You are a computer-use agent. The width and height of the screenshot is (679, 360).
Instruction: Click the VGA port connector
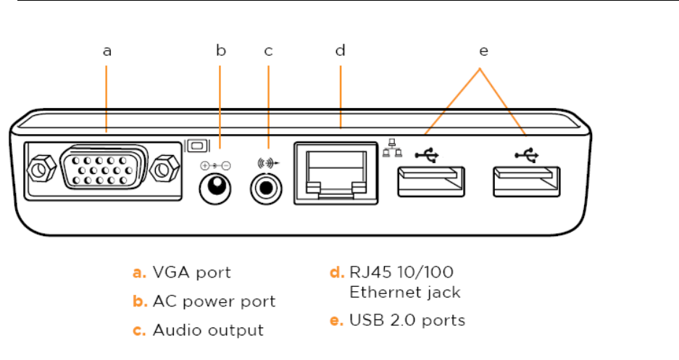tap(105, 170)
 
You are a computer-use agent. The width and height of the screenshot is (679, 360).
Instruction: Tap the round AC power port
tap(215, 191)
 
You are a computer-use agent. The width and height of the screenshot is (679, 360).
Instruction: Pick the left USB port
tap(430, 180)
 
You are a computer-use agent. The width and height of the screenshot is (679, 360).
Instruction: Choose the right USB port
tap(527, 180)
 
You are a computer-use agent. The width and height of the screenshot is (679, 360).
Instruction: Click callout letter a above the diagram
tap(107, 51)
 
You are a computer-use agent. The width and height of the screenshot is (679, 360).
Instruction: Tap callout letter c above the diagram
tap(268, 51)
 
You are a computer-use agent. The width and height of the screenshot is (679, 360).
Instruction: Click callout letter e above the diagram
tap(483, 51)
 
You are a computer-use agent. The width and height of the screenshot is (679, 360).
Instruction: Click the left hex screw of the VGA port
tap(41, 170)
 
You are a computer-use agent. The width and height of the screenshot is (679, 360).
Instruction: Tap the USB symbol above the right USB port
tap(527, 154)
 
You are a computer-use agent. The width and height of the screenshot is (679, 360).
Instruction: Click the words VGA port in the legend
tap(191, 273)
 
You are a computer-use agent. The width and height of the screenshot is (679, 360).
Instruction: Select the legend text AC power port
tap(214, 301)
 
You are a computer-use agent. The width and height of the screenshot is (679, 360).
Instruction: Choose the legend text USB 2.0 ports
tap(407, 319)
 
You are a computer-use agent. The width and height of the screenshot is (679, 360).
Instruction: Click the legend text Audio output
tap(208, 330)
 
